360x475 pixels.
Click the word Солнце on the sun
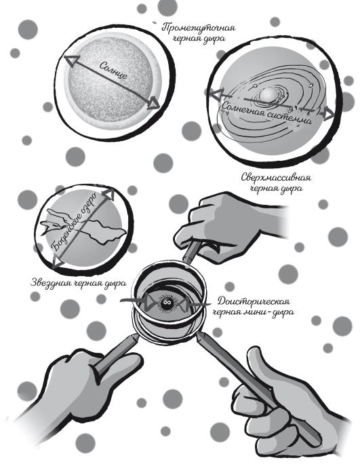tap(113, 70)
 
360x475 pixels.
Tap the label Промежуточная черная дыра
tap(199, 33)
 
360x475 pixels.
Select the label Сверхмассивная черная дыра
tap(276, 183)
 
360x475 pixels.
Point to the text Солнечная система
tap(266, 113)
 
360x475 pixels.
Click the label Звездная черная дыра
tap(79, 284)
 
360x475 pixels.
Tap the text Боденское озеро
tap(73, 221)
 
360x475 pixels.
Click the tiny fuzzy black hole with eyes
tap(166, 303)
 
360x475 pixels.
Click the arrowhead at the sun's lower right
tap(153, 103)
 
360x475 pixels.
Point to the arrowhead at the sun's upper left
tap(72, 61)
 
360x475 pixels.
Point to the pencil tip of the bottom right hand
tap(200, 336)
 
